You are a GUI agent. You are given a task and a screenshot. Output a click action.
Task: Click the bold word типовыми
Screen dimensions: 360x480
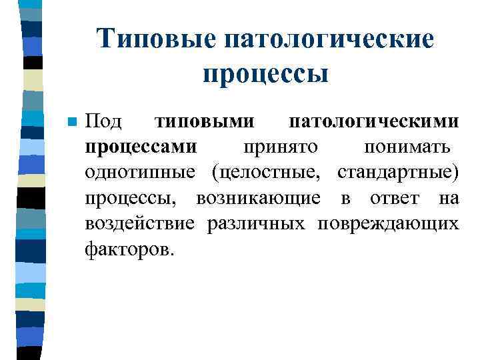tap(204, 122)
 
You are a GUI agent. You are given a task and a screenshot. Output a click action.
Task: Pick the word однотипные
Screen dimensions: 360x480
tap(140, 172)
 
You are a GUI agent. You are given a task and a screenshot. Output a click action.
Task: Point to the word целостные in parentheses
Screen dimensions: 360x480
tap(269, 172)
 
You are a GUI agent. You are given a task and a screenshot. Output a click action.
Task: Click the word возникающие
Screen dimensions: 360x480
tap(259, 198)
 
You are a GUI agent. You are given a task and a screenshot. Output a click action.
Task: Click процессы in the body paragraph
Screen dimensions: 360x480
tap(135, 198)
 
